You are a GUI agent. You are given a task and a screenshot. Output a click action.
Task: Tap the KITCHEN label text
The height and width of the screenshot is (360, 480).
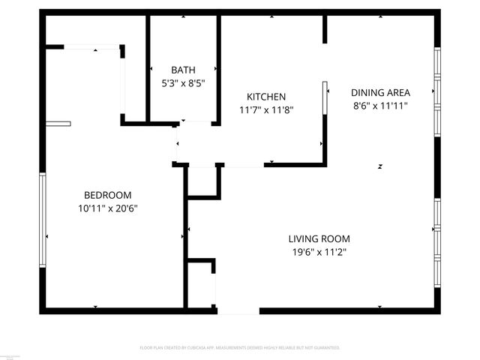pyautogui.click(x=266, y=97)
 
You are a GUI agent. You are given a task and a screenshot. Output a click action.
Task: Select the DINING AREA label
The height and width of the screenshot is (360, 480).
pyautogui.click(x=381, y=93)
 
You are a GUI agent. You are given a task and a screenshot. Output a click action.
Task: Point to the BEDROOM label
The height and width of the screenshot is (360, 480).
pyautogui.click(x=107, y=194)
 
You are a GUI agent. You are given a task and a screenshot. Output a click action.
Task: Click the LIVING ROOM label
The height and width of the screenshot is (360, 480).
pyautogui.click(x=319, y=239)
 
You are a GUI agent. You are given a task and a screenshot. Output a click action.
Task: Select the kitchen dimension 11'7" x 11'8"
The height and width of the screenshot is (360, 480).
pyautogui.click(x=266, y=109)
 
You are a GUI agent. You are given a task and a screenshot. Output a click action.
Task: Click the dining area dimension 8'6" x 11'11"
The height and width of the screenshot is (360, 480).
pyautogui.click(x=381, y=106)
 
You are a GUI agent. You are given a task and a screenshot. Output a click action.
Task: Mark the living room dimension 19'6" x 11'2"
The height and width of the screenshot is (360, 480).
pyautogui.click(x=319, y=252)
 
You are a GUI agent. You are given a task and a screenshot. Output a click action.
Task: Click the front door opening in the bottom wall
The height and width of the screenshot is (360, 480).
pyautogui.click(x=238, y=310)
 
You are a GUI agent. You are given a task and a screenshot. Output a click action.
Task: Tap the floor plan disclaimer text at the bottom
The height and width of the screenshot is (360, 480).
pyautogui.click(x=240, y=348)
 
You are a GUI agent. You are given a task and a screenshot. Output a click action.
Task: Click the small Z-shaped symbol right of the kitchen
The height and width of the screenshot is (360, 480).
pyautogui.click(x=380, y=166)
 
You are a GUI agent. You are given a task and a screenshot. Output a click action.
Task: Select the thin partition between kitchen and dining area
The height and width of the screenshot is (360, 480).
pyautogui.click(x=325, y=98)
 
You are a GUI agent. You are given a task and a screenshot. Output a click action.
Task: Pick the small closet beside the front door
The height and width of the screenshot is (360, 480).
pyautogui.click(x=200, y=284)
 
